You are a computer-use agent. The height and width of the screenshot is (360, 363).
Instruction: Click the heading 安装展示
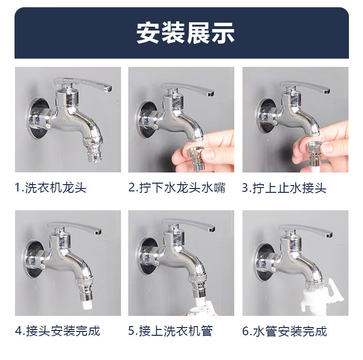coord(185,33)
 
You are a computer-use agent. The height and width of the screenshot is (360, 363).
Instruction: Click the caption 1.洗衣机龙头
coord(50,188)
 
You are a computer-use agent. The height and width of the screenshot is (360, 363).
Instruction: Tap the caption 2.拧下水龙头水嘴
coord(177,188)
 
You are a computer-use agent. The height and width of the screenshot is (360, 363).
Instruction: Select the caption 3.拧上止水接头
coord(284,188)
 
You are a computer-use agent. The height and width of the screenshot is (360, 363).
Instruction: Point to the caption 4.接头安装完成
coord(58,330)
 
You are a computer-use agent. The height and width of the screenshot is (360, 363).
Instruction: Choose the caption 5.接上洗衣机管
coord(170,330)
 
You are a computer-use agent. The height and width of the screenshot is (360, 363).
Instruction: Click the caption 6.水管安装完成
coord(285,331)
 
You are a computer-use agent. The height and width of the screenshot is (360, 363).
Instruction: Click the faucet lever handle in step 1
coord(83,84)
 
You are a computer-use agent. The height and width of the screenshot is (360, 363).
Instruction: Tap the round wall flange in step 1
coord(38,118)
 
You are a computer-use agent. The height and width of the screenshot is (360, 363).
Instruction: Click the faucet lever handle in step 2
coord(187,88)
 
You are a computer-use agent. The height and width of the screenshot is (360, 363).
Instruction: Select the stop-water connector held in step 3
coord(314,154)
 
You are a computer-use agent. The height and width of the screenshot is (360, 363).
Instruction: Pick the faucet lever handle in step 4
coord(75,228)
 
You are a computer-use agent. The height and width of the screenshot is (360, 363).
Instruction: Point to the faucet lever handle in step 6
coord(305,231)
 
